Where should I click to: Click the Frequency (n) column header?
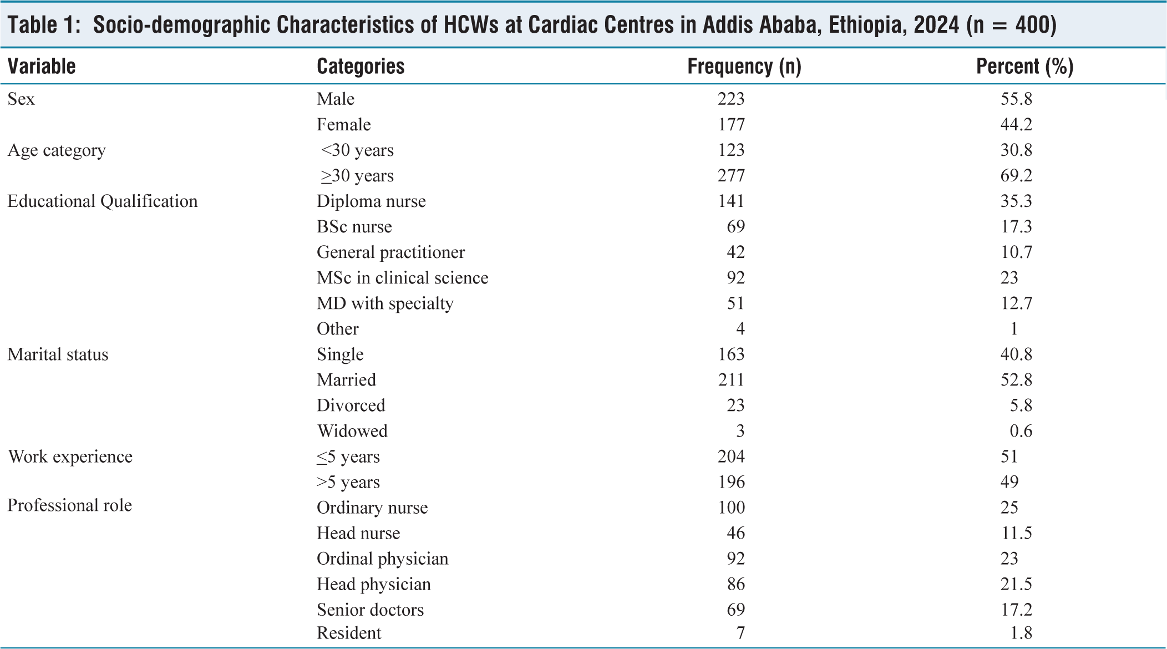pyautogui.click(x=744, y=67)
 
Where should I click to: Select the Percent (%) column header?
pyautogui.click(x=1024, y=67)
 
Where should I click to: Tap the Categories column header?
pyautogui.click(x=361, y=67)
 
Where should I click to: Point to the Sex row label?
pyautogui.click(x=21, y=99)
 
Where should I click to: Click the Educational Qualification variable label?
pyautogui.click(x=103, y=201)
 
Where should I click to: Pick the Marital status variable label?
pyautogui.click(x=58, y=354)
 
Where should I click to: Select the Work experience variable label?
pyautogui.click(x=70, y=457)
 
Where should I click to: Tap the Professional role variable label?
pyautogui.click(x=70, y=505)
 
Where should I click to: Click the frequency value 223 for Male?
pyautogui.click(x=731, y=99)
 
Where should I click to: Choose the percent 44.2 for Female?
pyautogui.click(x=1016, y=124)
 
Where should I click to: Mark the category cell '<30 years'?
pyautogui.click(x=357, y=150)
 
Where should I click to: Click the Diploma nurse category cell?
pyautogui.click(x=371, y=201)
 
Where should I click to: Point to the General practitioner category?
pyautogui.click(x=390, y=252)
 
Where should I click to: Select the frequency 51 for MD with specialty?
pyautogui.click(x=735, y=303)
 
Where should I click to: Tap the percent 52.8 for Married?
pyautogui.click(x=1016, y=380)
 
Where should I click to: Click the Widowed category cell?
pyautogui.click(x=352, y=431)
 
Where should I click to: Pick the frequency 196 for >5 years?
pyautogui.click(x=731, y=482)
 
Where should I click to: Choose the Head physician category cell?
pyautogui.click(x=374, y=584)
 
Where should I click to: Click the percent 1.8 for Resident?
pyautogui.click(x=1021, y=633)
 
